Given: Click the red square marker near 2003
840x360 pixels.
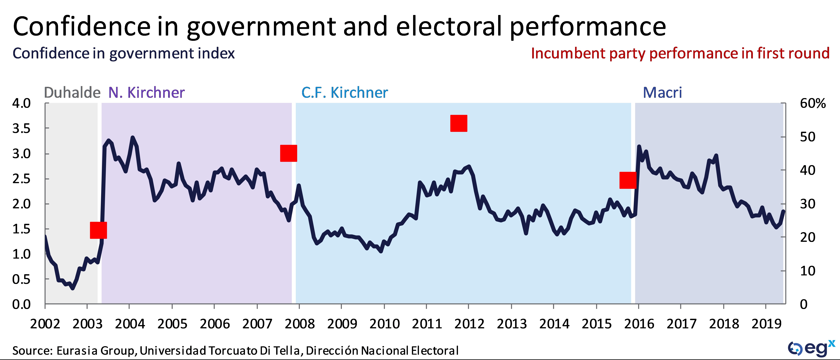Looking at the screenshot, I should click(x=98, y=230).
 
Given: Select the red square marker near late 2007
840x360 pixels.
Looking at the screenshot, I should click(x=289, y=153).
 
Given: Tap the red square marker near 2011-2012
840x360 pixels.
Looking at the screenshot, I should click(x=459, y=123).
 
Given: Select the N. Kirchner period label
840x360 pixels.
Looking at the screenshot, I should click(x=146, y=93).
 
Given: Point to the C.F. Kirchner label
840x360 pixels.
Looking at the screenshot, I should click(x=345, y=93).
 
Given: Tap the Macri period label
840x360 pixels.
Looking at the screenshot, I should click(x=662, y=93).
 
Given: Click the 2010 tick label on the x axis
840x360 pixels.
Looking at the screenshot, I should click(x=384, y=324).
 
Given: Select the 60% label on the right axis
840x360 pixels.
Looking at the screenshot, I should click(x=813, y=104).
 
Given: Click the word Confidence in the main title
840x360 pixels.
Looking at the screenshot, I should click(x=81, y=27).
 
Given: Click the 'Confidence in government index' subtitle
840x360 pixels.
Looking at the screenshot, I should click(x=124, y=53).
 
